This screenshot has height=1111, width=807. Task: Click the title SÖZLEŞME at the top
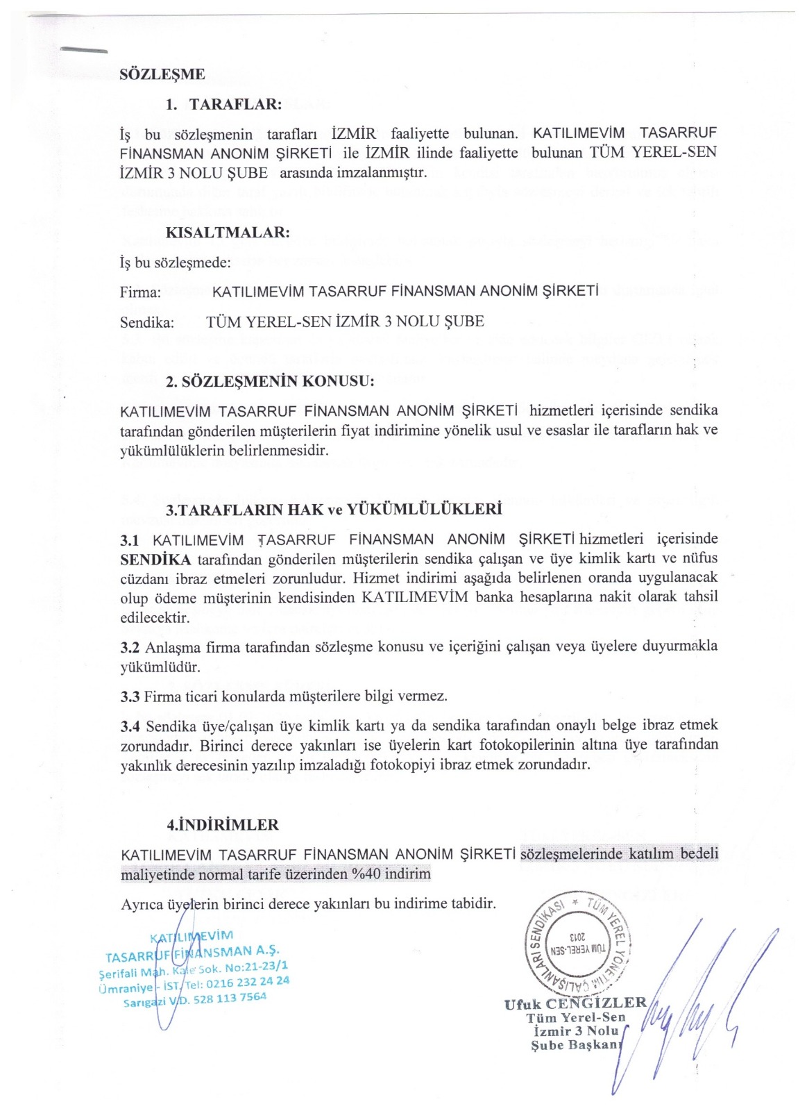(162, 74)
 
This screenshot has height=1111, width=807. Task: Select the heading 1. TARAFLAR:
(223, 104)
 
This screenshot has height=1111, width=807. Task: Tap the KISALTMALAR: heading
(228, 232)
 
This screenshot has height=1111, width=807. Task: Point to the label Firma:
(140, 292)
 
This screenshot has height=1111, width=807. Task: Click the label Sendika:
(147, 322)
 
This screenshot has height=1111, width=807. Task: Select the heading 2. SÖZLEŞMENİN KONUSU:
(270, 381)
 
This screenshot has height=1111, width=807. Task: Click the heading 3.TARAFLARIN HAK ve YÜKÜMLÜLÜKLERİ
(334, 509)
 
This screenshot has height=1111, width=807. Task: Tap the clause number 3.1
(130, 540)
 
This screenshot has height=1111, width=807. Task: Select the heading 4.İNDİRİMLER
(223, 825)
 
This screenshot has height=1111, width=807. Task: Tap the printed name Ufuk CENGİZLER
(575, 1003)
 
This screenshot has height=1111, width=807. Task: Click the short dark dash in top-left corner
(84, 50)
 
